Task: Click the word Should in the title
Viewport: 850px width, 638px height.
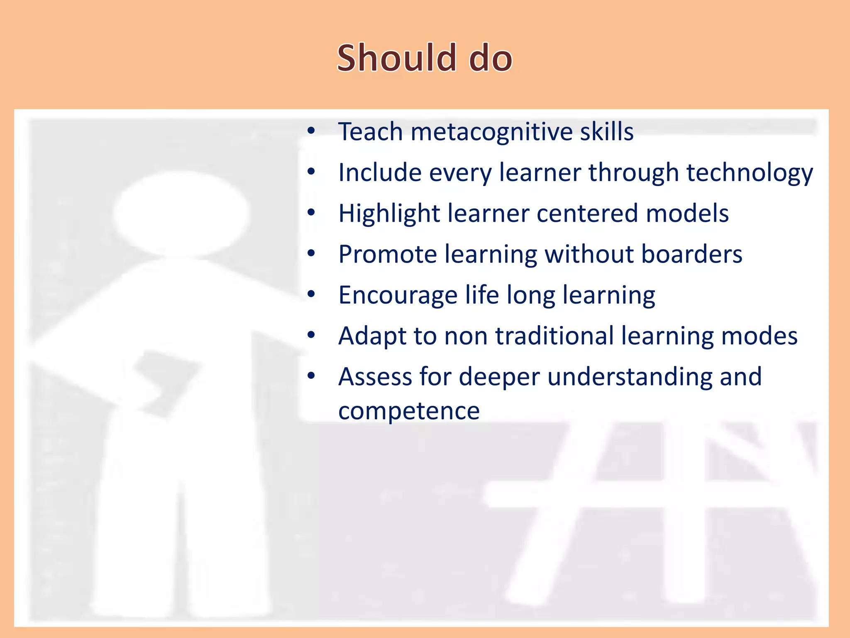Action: tap(396, 58)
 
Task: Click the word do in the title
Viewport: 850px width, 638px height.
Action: tap(491, 58)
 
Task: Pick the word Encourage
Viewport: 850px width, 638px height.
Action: tap(398, 296)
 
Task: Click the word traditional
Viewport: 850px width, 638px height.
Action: tap(554, 336)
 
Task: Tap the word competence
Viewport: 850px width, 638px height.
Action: tap(409, 411)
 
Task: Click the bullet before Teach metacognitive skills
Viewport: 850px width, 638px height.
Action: tap(311, 131)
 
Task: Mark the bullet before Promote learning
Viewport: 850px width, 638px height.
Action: tap(311, 253)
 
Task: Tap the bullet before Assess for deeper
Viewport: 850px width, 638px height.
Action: tap(311, 376)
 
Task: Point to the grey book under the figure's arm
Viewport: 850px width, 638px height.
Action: tap(166, 382)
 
